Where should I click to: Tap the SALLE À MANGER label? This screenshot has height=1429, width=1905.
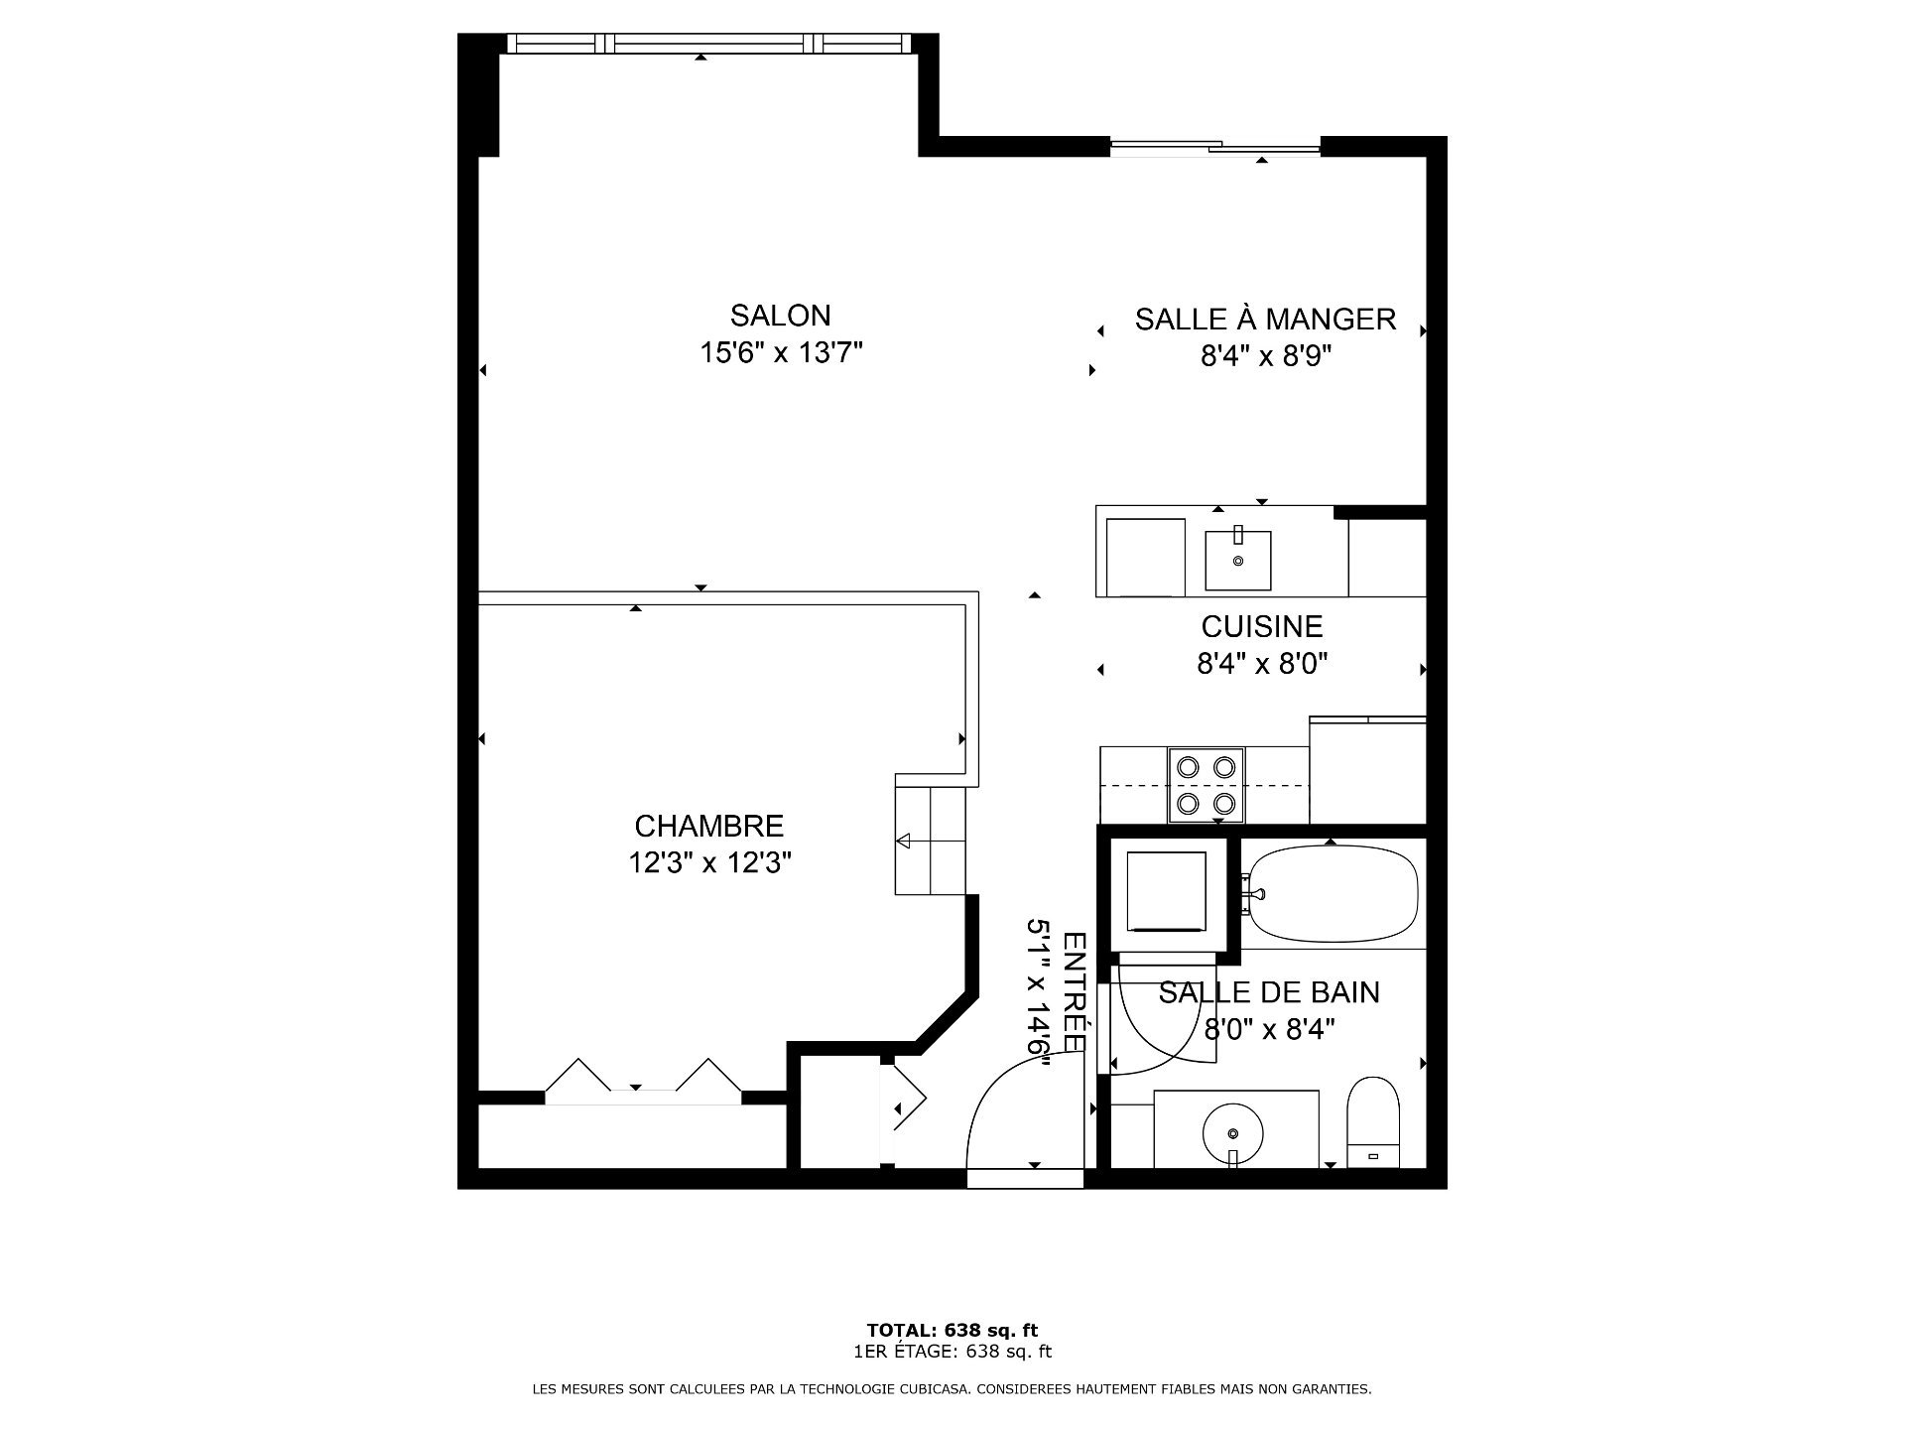[x=1265, y=319]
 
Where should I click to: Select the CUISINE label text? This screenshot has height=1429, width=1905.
[x=1262, y=626]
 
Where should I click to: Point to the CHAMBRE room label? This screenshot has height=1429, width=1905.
[x=708, y=826]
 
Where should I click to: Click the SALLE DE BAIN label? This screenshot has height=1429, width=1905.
[x=1269, y=992]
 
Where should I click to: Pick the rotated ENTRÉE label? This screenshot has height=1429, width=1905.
[x=1075, y=991]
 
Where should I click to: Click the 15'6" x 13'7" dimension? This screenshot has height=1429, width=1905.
[x=781, y=352]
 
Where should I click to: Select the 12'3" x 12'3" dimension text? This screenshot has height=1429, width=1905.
[x=708, y=862]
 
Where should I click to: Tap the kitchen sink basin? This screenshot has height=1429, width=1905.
[x=1238, y=560]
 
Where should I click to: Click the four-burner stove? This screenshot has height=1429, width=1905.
[x=1206, y=785]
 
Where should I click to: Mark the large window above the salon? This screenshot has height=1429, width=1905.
[x=708, y=43]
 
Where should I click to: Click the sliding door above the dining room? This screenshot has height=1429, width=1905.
[x=1215, y=148]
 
